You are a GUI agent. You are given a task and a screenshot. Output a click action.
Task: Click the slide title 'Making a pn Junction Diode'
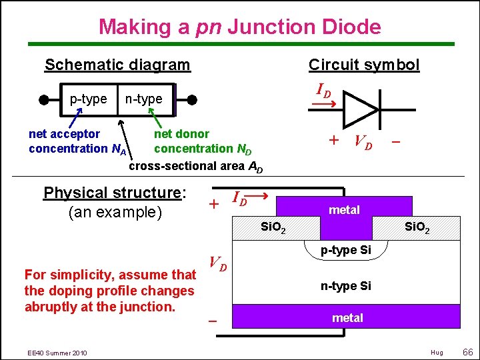tap(240, 27)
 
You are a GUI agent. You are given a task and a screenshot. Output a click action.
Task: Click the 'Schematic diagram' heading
tap(117, 65)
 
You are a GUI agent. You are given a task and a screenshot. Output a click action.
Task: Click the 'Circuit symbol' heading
tap(364, 65)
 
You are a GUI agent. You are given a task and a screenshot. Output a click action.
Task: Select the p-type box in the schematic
tap(88, 99)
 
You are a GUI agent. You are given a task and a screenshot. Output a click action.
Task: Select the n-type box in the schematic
tap(144, 99)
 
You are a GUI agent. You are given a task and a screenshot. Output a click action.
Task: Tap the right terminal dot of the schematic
tap(192, 100)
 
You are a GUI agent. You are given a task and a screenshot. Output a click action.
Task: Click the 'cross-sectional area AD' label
tap(195, 166)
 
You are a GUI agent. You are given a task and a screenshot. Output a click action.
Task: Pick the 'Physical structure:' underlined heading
tap(114, 193)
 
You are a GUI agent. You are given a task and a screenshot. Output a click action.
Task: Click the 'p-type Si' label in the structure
tap(346, 251)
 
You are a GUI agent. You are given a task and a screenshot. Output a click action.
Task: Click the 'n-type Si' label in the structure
tap(346, 286)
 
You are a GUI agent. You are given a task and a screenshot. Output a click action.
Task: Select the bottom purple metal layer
tap(346, 317)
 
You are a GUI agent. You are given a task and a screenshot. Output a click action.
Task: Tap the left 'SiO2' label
tap(273, 229)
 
